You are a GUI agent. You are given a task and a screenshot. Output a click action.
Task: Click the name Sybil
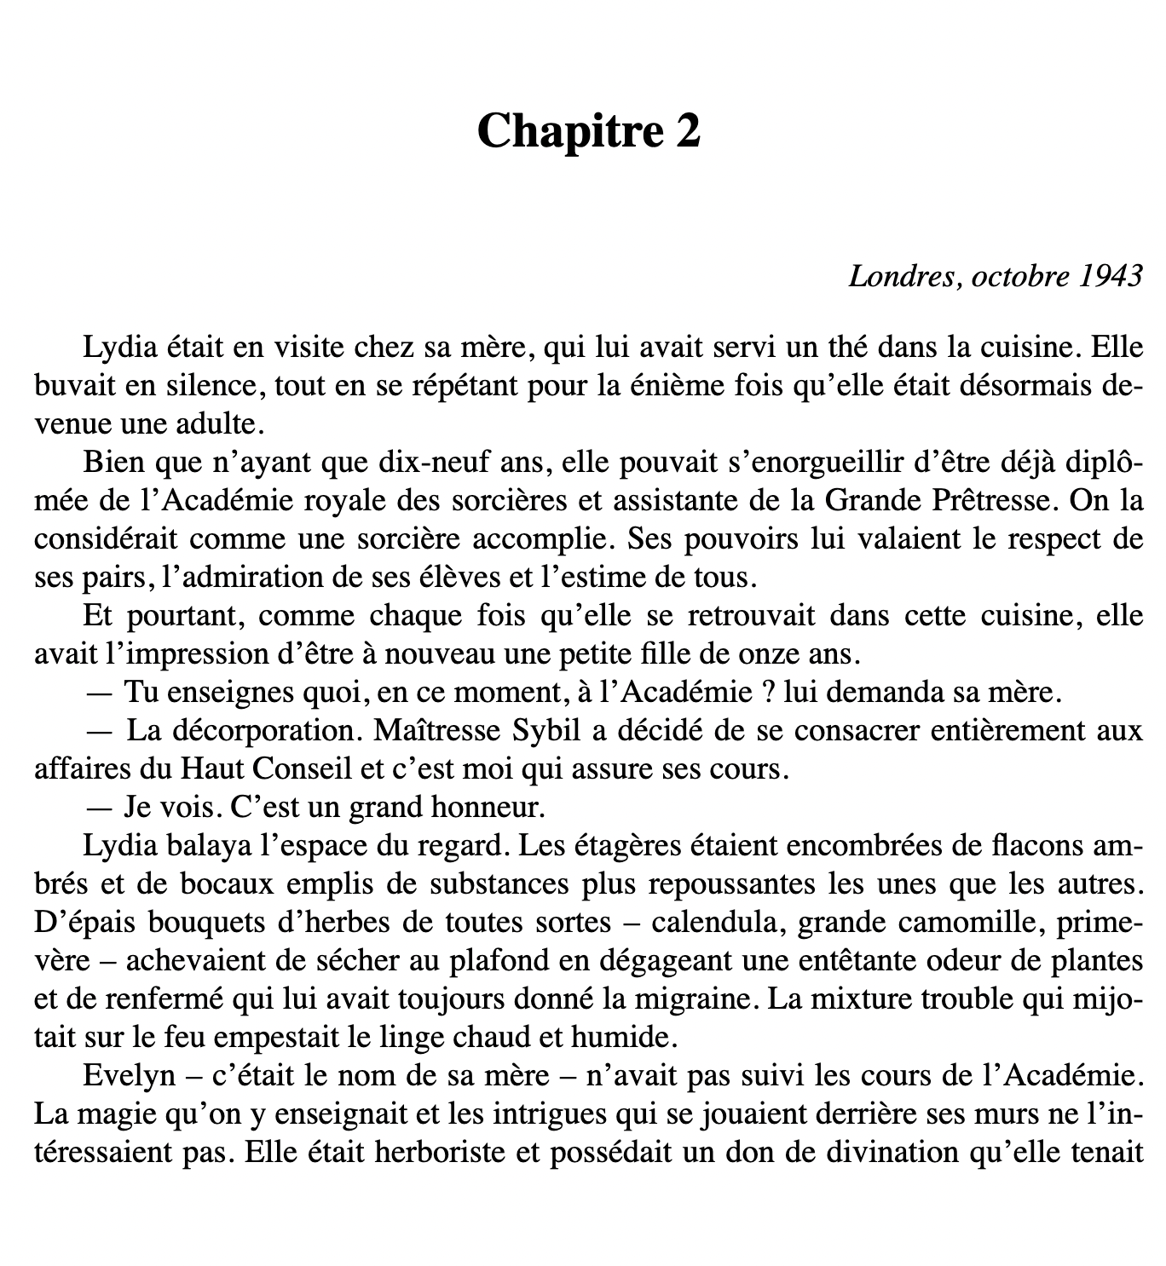point(548,730)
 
